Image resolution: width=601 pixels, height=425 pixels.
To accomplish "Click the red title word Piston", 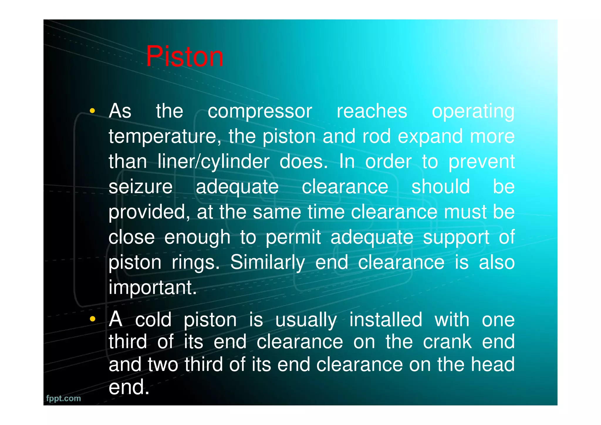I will point(185,56).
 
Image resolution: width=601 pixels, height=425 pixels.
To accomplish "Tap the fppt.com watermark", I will point(63,398).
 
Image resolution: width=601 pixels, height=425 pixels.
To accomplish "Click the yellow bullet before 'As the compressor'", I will point(92,111).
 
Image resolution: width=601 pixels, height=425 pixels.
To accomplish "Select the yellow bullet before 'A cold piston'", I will point(92,319).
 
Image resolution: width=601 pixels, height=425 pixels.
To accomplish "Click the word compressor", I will point(260,112).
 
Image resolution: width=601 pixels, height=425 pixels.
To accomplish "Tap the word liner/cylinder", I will point(213,162).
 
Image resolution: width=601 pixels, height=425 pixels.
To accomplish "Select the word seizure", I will point(141,187).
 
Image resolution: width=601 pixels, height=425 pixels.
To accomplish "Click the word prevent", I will point(481,162).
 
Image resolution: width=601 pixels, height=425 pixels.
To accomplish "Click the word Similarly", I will point(267,263).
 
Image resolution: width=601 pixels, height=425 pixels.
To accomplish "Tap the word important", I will point(152,288).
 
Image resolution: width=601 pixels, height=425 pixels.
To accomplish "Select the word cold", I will point(153,320).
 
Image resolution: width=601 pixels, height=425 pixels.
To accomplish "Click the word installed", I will point(386,320).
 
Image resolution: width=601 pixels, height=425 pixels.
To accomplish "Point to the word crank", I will point(447,342).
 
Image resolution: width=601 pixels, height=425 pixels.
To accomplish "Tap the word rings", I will point(195,263).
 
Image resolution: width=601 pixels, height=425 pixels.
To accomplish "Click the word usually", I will point(306,320).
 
